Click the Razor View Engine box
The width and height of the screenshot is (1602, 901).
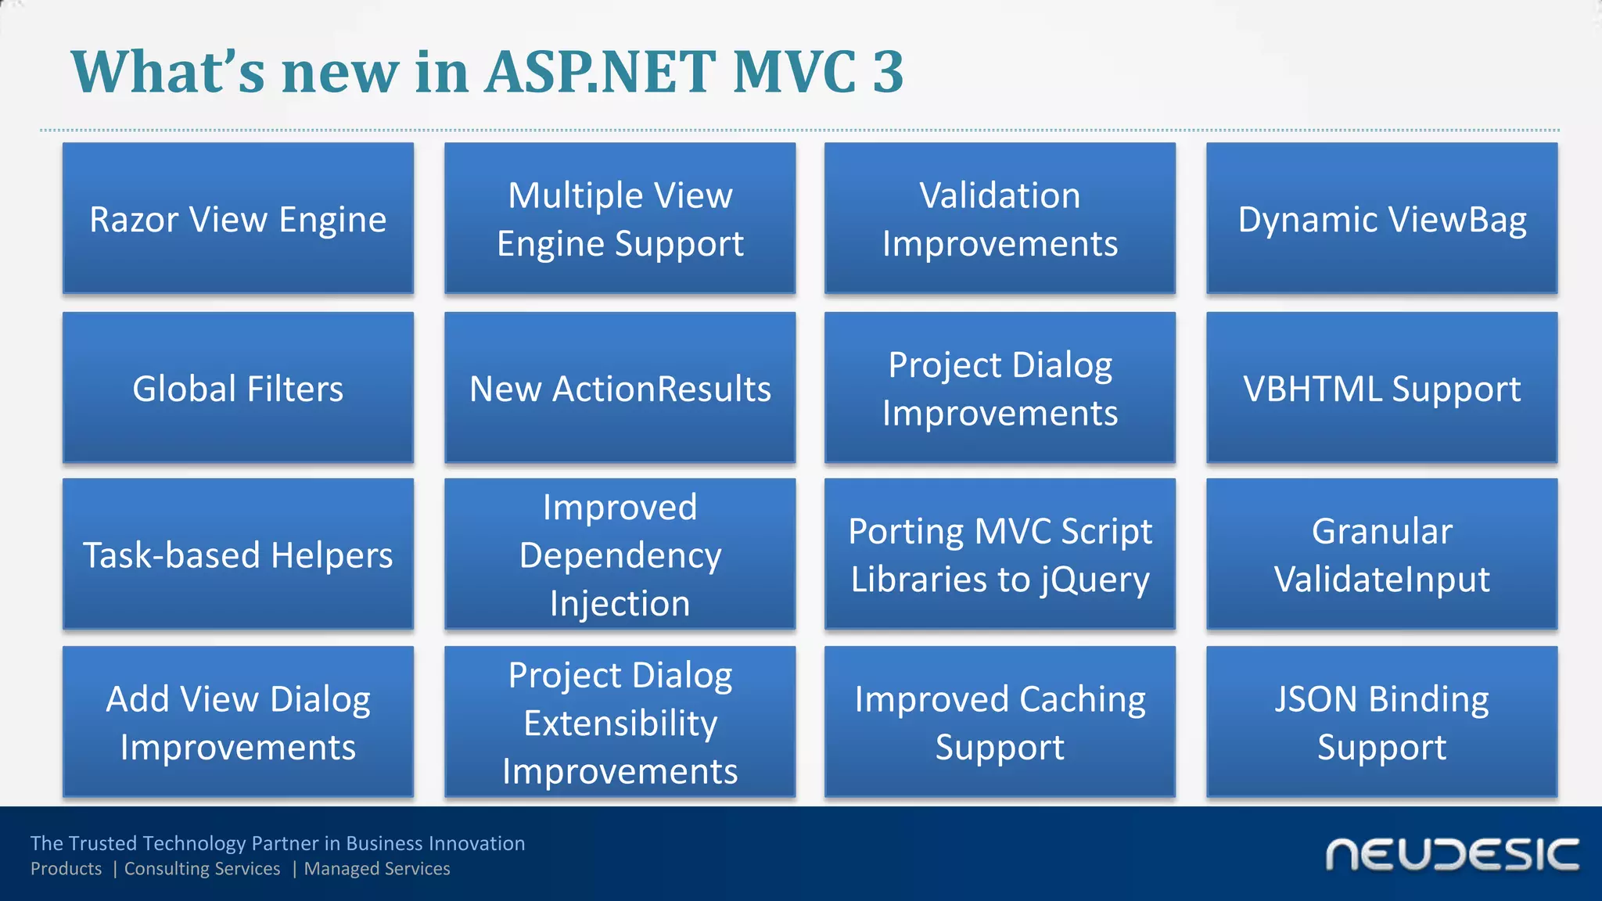pos(238,218)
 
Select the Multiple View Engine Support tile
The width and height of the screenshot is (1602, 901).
pos(620,218)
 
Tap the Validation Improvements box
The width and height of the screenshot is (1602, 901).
pos(1000,218)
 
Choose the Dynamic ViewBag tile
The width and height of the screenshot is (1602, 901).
pos(1381,218)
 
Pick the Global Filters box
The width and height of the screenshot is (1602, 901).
pos(238,388)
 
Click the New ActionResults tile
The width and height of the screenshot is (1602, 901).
pos(620,388)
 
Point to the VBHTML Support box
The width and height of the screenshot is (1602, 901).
pos(1381,388)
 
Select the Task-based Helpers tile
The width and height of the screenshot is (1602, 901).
pos(238,555)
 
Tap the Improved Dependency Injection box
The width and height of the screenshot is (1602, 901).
pos(620,555)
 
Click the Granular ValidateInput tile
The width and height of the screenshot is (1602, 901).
pos(1381,555)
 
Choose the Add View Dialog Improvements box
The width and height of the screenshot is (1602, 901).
pos(238,722)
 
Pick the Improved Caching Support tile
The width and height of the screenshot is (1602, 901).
pos(1000,722)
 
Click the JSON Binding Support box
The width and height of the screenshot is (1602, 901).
pos(1381,722)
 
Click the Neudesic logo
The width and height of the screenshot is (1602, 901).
pos(1452,855)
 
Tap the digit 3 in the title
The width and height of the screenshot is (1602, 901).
pos(887,72)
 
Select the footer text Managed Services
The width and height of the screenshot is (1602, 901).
pos(377,869)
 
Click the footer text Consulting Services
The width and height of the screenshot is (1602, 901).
pos(202,869)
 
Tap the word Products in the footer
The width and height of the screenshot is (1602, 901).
pos(66,869)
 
